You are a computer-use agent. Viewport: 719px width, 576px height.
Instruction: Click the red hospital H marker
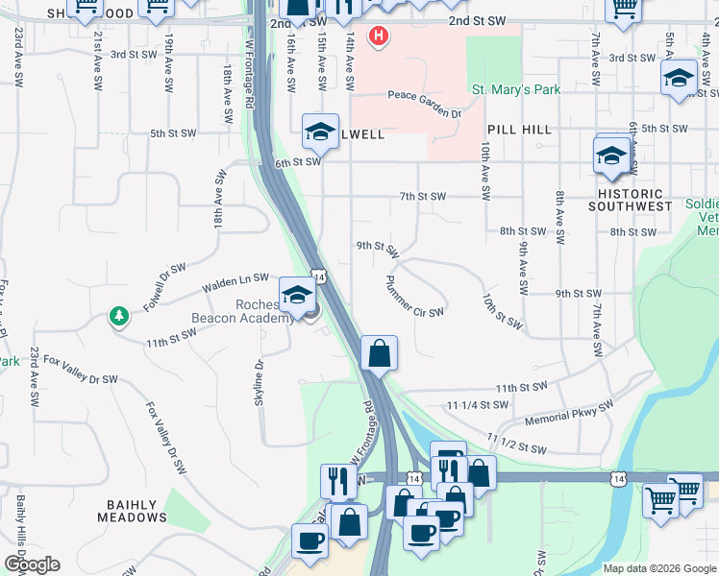tap(380, 37)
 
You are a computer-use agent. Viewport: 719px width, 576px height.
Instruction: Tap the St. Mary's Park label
tap(515, 90)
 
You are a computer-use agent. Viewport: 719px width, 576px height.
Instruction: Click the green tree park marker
tap(119, 316)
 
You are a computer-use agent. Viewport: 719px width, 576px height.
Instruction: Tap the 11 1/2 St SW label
tap(517, 444)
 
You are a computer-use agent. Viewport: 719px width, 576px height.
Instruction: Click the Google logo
tap(32, 564)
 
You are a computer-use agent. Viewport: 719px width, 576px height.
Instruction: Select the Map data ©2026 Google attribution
tap(658, 568)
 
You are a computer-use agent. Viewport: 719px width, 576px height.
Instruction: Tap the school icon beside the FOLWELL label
tap(320, 132)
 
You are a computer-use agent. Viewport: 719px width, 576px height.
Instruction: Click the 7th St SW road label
tap(423, 196)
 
